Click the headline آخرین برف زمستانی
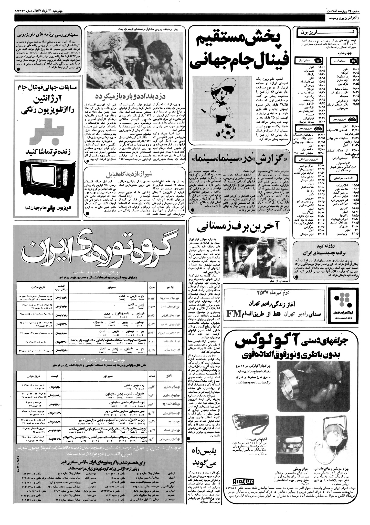point(239,227)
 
